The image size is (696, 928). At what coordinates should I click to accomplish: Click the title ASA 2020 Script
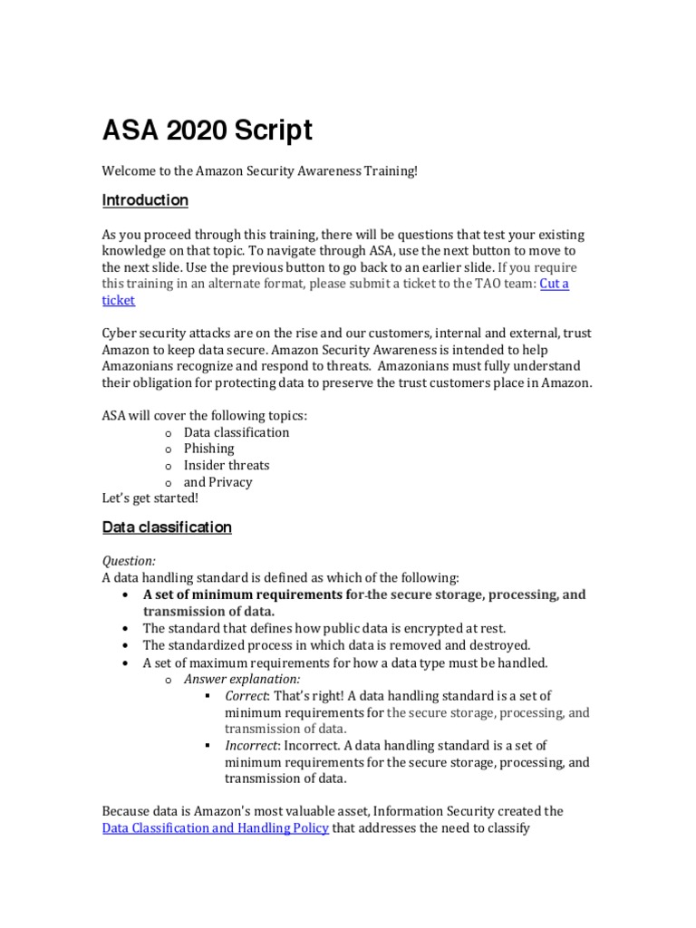(x=207, y=130)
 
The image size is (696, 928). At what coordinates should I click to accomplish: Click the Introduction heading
(x=145, y=200)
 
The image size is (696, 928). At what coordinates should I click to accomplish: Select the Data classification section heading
(x=167, y=527)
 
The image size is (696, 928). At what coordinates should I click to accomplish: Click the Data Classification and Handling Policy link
(x=215, y=827)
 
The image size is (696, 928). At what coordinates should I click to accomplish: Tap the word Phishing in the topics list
(x=208, y=449)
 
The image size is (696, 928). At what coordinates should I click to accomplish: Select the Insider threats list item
(x=226, y=465)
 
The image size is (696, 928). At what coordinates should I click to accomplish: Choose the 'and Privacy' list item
(x=217, y=482)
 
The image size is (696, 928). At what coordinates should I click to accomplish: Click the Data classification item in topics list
(x=236, y=432)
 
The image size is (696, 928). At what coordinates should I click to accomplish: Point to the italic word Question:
(x=129, y=561)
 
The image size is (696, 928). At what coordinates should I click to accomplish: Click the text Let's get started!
(x=150, y=498)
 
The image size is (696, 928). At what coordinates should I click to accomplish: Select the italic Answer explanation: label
(x=242, y=679)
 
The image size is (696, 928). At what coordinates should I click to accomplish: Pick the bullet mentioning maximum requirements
(x=345, y=662)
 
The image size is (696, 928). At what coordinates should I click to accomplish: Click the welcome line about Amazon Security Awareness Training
(x=260, y=171)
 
